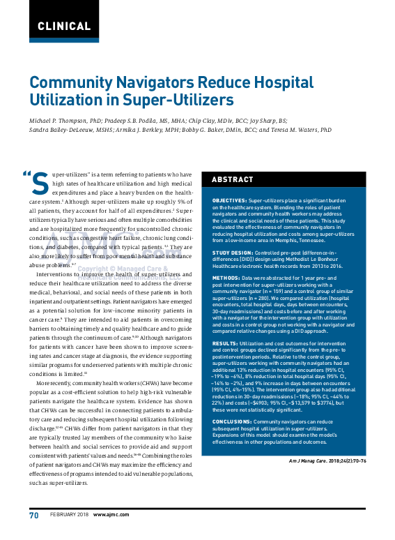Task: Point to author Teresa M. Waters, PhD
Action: [x=300, y=130]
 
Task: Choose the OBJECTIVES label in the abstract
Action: [x=229, y=200]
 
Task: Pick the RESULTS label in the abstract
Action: [x=225, y=343]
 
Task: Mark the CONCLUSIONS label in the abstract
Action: [x=232, y=422]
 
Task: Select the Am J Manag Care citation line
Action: [x=327, y=460]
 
